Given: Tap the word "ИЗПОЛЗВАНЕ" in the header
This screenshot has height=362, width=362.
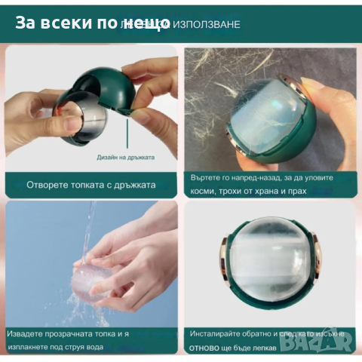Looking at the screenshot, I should pos(207,24).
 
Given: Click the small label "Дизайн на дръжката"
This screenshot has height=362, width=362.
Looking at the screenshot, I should pos(126,158).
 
